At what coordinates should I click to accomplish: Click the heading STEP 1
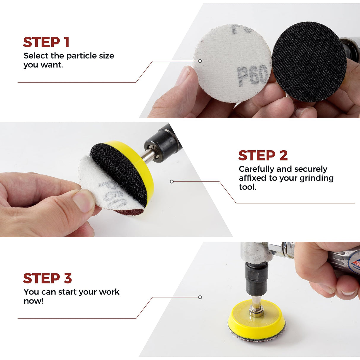(x=46, y=42)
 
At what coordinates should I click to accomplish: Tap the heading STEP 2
(x=263, y=155)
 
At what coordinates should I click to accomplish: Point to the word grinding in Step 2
(x=316, y=178)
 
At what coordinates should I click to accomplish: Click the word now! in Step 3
(x=34, y=301)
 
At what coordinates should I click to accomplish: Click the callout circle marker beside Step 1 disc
(x=200, y=61)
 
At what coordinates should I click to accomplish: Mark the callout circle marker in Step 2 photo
(x=172, y=181)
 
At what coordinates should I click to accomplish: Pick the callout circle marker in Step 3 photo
(x=200, y=297)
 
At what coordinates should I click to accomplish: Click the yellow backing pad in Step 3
(x=257, y=321)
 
